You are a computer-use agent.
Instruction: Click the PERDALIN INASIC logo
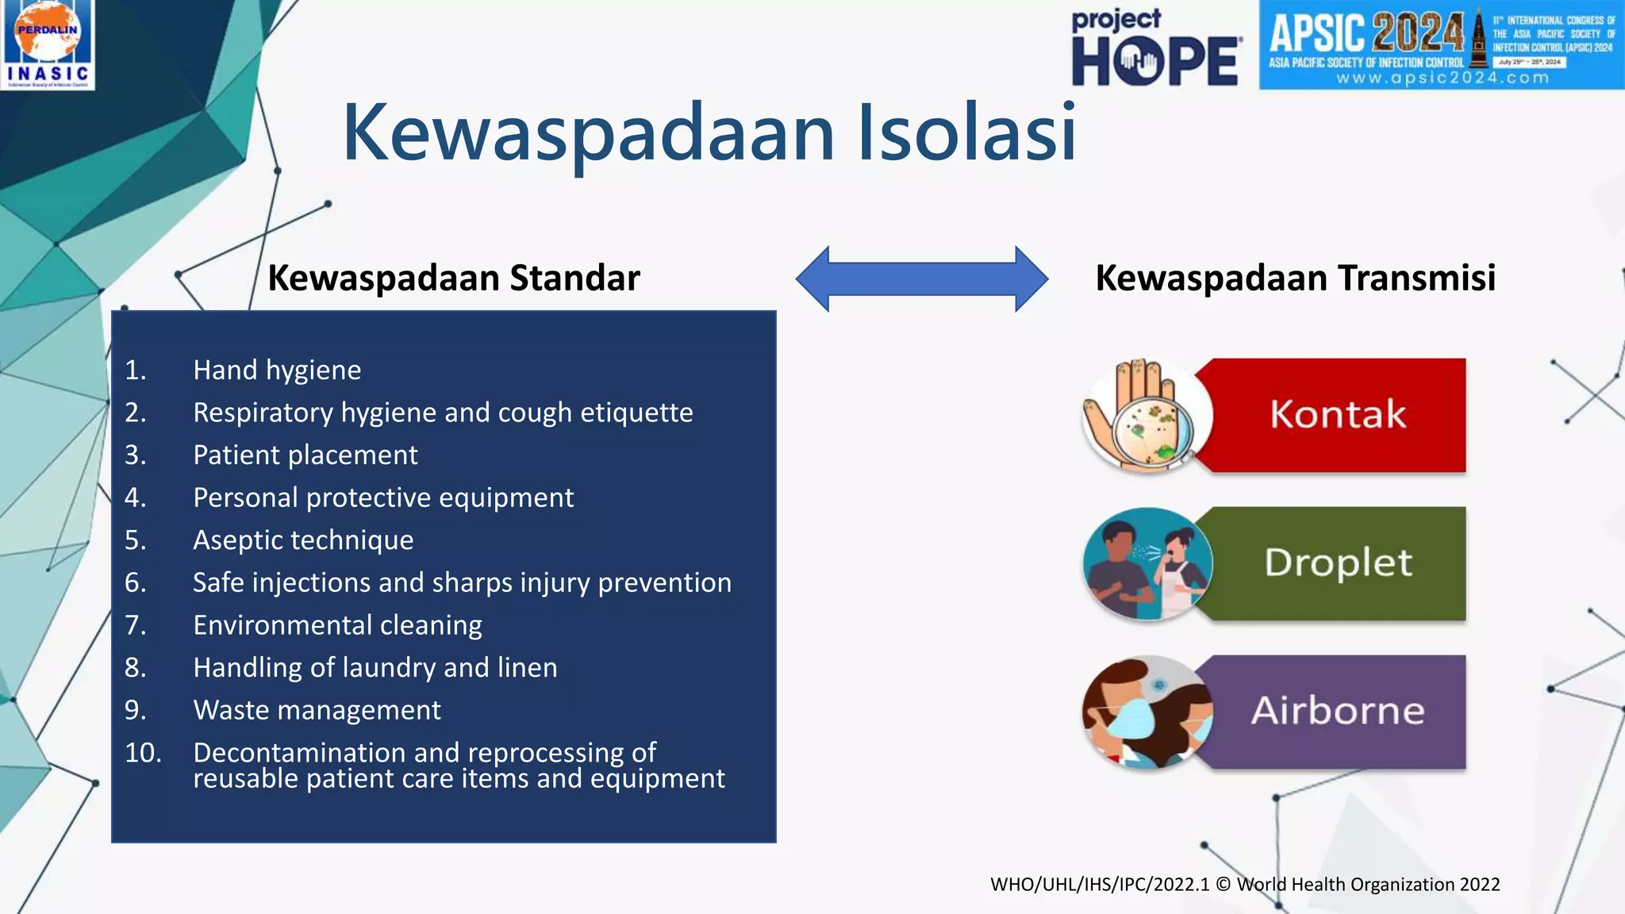click(x=48, y=44)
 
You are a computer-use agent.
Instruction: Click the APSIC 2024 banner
click(x=1440, y=44)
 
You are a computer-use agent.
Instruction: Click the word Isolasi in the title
click(x=966, y=132)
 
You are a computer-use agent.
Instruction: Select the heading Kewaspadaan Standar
click(x=454, y=278)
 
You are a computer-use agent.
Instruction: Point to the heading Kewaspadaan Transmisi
click(x=1295, y=278)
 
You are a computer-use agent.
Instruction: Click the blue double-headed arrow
click(x=921, y=278)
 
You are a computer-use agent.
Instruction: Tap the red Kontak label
click(x=1338, y=415)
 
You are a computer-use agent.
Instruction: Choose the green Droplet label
click(x=1338, y=563)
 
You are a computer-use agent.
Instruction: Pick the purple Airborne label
click(x=1338, y=711)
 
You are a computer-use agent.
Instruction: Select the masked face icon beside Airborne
click(x=1147, y=712)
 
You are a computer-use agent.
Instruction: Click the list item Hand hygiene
click(x=277, y=371)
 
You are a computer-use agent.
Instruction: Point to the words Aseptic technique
click(x=303, y=540)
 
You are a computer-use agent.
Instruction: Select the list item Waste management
click(x=317, y=710)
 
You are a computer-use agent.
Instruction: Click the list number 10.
click(x=143, y=753)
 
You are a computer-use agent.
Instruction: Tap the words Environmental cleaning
click(x=337, y=625)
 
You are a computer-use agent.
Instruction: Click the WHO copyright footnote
click(x=1244, y=885)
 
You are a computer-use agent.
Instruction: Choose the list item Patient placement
click(x=305, y=455)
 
